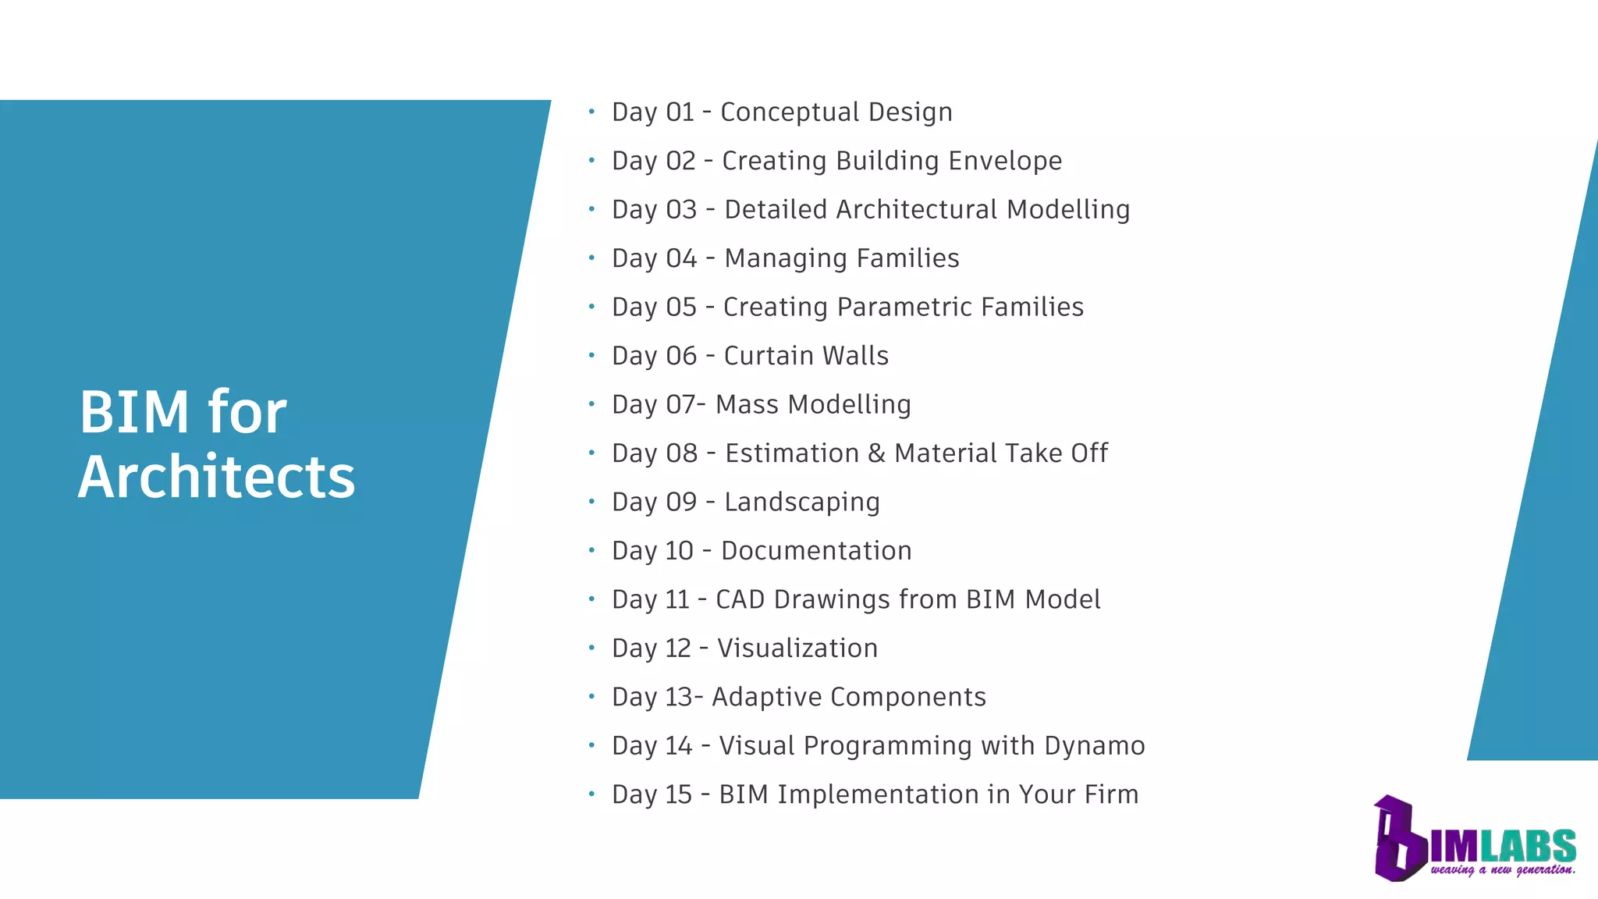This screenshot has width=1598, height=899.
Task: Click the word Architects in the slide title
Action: [217, 477]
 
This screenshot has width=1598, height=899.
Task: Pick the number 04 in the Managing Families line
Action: [681, 258]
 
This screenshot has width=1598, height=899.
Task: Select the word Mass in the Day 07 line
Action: [747, 405]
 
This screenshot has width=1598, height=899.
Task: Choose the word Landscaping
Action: [801, 503]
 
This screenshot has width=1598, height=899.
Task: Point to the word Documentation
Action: [816, 551]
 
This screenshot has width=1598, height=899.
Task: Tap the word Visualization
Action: [797, 648]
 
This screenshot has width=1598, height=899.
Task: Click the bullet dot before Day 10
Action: [591, 550]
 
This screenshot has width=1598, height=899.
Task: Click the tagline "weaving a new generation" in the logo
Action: [1503, 869]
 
